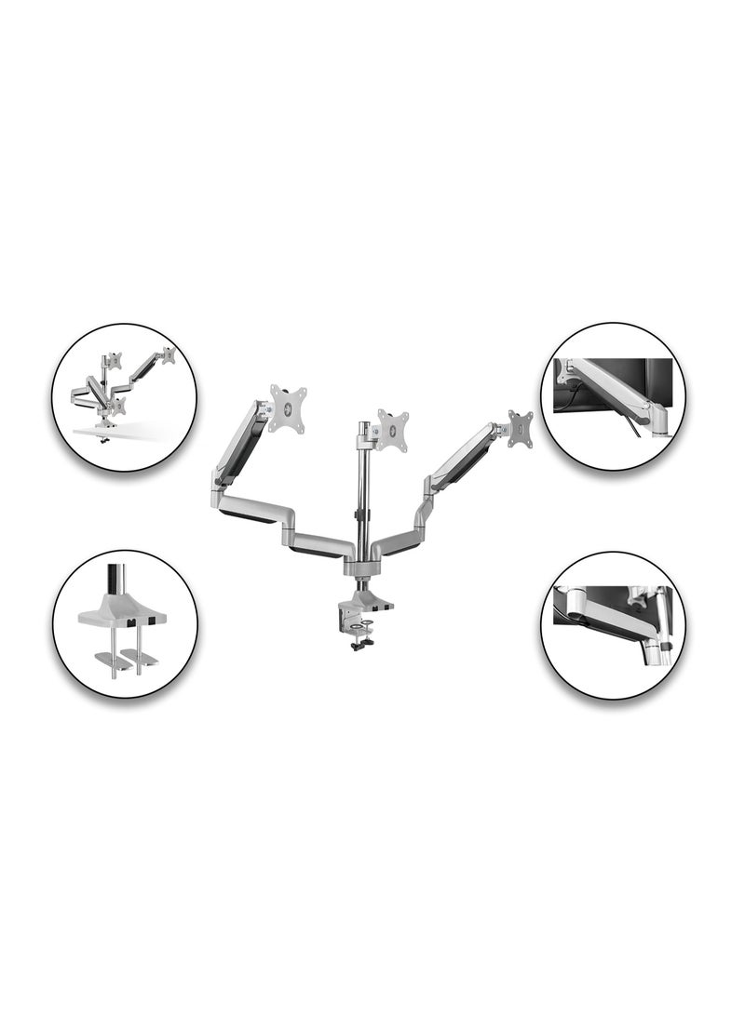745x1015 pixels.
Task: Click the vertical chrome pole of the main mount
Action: point(360,474)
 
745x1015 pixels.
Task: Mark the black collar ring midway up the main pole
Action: point(360,514)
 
